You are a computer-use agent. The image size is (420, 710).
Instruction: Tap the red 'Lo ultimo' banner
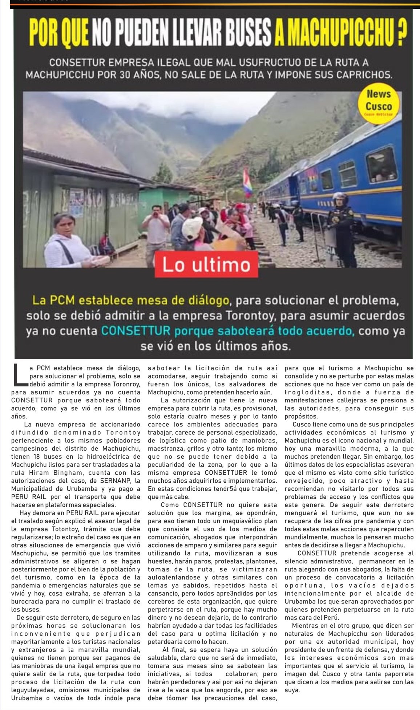coord(206,265)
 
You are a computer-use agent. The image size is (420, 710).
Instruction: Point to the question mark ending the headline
coord(401,34)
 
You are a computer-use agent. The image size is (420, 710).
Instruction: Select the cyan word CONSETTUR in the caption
coord(136,331)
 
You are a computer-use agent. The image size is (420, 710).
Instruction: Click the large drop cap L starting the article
coord(20,374)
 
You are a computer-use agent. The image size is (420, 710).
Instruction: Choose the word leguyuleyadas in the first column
coord(34,690)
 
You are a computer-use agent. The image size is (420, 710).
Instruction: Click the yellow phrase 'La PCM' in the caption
coord(54,300)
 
